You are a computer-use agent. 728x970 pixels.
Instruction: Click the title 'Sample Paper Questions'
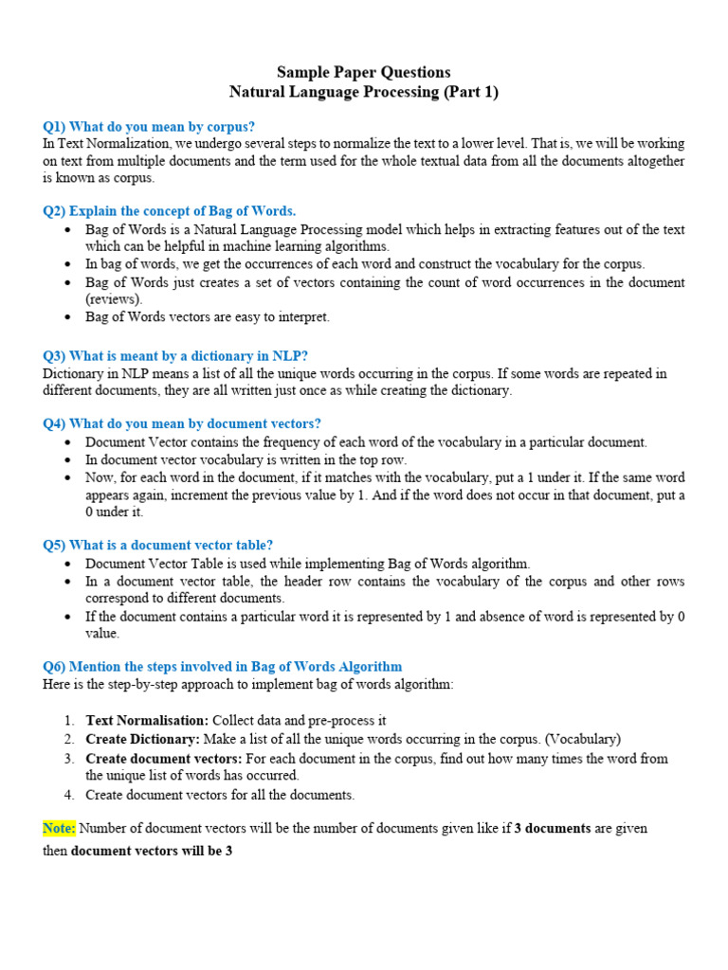[363, 72]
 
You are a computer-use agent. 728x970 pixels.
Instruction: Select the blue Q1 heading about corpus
[149, 126]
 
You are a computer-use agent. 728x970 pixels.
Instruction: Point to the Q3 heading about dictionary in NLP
[175, 356]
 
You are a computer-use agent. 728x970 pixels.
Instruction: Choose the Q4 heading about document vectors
[182, 423]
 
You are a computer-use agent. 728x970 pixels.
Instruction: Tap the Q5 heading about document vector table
[158, 545]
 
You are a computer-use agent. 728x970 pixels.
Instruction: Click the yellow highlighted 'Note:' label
[59, 828]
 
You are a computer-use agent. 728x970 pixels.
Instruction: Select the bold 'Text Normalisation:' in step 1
[148, 720]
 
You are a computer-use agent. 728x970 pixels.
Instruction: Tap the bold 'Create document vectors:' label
[164, 758]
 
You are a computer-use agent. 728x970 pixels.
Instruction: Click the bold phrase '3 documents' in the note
[553, 828]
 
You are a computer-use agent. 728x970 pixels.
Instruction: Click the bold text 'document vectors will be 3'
[152, 851]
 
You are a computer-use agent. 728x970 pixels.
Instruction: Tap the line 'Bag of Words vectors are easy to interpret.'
[208, 316]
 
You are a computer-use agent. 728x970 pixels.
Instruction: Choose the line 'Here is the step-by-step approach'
[248, 684]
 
